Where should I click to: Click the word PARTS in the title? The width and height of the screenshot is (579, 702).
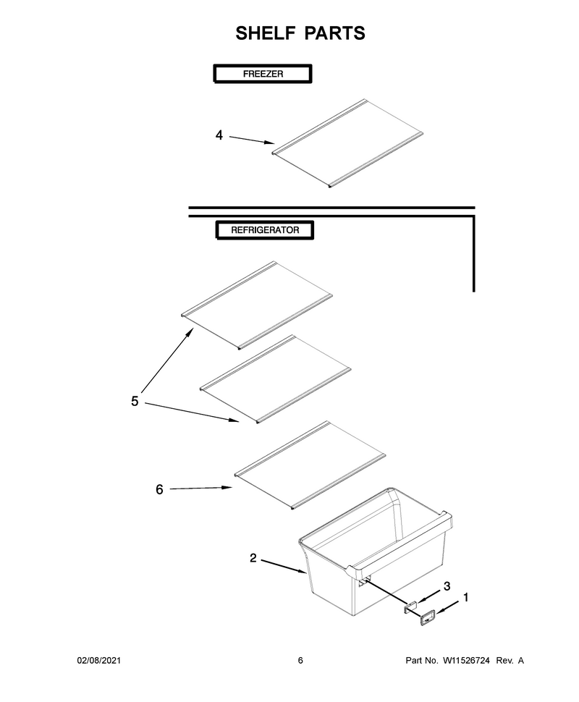click(335, 33)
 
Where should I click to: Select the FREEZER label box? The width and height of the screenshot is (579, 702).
click(263, 74)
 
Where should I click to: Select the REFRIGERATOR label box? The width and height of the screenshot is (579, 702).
click(265, 230)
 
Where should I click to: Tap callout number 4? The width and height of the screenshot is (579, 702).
click(219, 135)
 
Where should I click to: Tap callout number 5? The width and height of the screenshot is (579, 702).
click(135, 401)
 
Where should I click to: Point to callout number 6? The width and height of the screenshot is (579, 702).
click(159, 489)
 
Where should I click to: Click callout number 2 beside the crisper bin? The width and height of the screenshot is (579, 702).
click(253, 558)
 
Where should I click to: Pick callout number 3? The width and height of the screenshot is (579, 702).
click(447, 586)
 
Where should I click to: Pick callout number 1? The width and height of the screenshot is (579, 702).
click(465, 597)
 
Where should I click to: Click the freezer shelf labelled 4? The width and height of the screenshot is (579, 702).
click(348, 143)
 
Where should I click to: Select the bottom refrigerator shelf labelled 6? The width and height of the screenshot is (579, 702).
click(310, 465)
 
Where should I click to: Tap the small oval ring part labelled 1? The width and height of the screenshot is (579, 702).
click(427, 618)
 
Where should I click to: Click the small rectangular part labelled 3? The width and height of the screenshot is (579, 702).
click(410, 606)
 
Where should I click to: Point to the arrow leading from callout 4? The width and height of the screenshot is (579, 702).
click(252, 140)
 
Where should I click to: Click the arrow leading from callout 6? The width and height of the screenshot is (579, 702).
click(200, 489)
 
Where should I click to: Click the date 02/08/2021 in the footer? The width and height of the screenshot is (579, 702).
click(99, 660)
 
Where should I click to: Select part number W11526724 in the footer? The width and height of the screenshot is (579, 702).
click(466, 660)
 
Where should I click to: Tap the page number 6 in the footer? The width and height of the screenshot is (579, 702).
click(300, 660)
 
